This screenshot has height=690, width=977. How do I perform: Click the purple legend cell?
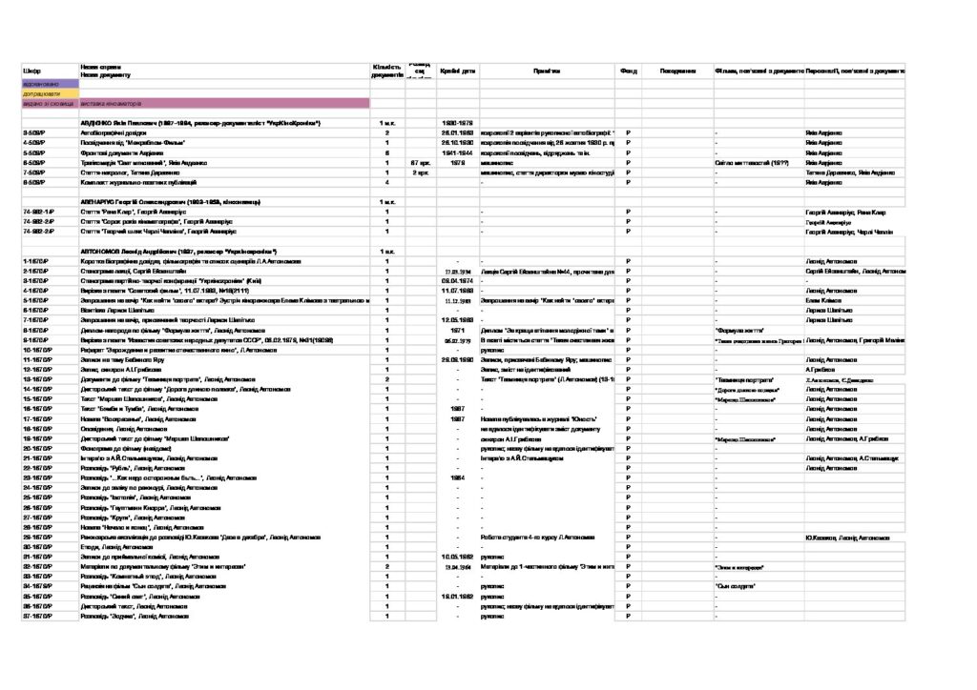pyautogui.click(x=50, y=84)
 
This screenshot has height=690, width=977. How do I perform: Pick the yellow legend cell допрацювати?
pyautogui.click(x=50, y=93)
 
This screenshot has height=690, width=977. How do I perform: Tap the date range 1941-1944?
pyautogui.click(x=457, y=152)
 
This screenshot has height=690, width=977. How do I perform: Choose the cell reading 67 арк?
pyautogui.click(x=420, y=162)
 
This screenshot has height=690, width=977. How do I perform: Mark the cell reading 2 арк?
pyautogui.click(x=420, y=172)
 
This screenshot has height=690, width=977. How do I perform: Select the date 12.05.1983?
pyautogui.click(x=457, y=319)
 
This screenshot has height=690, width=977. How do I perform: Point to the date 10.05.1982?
pyautogui.click(x=457, y=557)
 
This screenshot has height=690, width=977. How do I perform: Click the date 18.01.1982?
pyautogui.click(x=457, y=597)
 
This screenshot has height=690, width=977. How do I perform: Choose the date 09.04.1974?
pyautogui.click(x=457, y=280)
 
